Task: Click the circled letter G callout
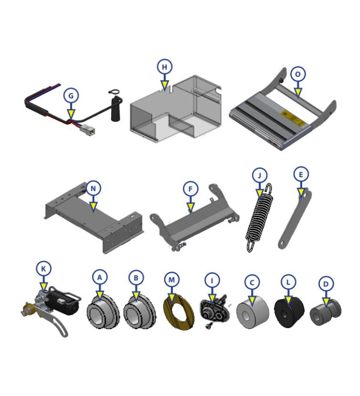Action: (71, 95)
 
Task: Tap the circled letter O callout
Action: (298, 74)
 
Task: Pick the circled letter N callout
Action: (92, 188)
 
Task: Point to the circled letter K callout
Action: (44, 269)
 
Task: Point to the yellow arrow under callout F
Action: (190, 206)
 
